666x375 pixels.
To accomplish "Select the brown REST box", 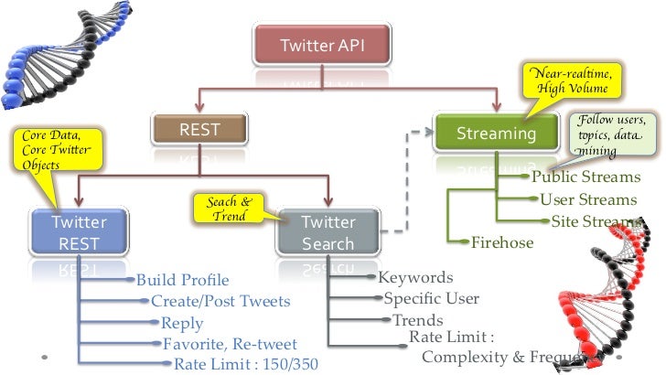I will (199, 131).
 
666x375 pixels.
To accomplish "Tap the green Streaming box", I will (497, 134).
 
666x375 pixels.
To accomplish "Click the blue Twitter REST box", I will (79, 232).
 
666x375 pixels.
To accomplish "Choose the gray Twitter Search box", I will (328, 232).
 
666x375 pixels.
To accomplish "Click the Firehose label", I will (502, 242).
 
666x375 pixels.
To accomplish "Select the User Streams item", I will (588, 199).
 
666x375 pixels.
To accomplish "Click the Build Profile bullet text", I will (182, 280).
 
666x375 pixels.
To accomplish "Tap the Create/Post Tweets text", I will (220, 301).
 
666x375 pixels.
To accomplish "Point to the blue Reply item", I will (182, 323).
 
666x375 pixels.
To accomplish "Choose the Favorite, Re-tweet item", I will (230, 344).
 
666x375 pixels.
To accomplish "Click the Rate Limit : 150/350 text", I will (246, 364).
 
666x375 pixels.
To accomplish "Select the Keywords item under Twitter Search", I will (415, 276).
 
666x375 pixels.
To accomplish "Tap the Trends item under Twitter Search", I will (417, 319).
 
